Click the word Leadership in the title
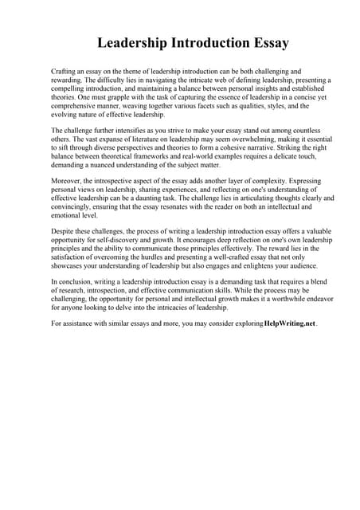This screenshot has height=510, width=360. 135,43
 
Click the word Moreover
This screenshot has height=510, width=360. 67,181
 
